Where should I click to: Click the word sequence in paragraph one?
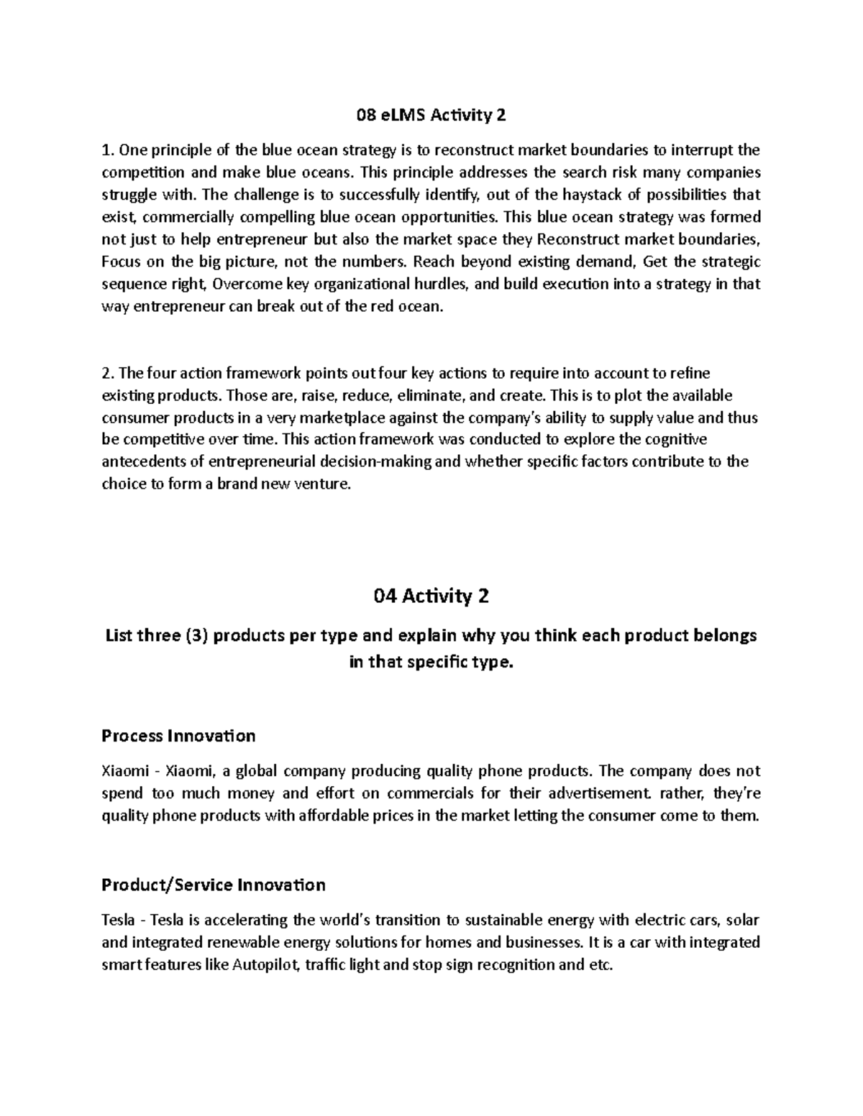click(x=132, y=284)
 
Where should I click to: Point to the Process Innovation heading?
click(x=178, y=736)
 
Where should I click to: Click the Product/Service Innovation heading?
click(x=214, y=885)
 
